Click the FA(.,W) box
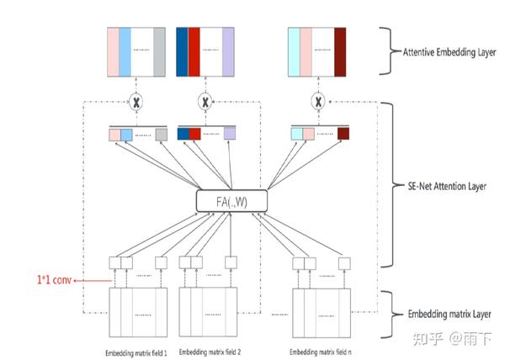coord(231,200)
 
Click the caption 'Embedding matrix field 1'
coord(136,351)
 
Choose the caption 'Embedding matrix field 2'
coord(210,351)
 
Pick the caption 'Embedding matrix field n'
coord(321,351)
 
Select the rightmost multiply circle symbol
coord(317,102)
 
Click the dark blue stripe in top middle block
coord(182,52)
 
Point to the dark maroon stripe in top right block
coord(340,52)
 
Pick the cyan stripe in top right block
coord(294,52)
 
